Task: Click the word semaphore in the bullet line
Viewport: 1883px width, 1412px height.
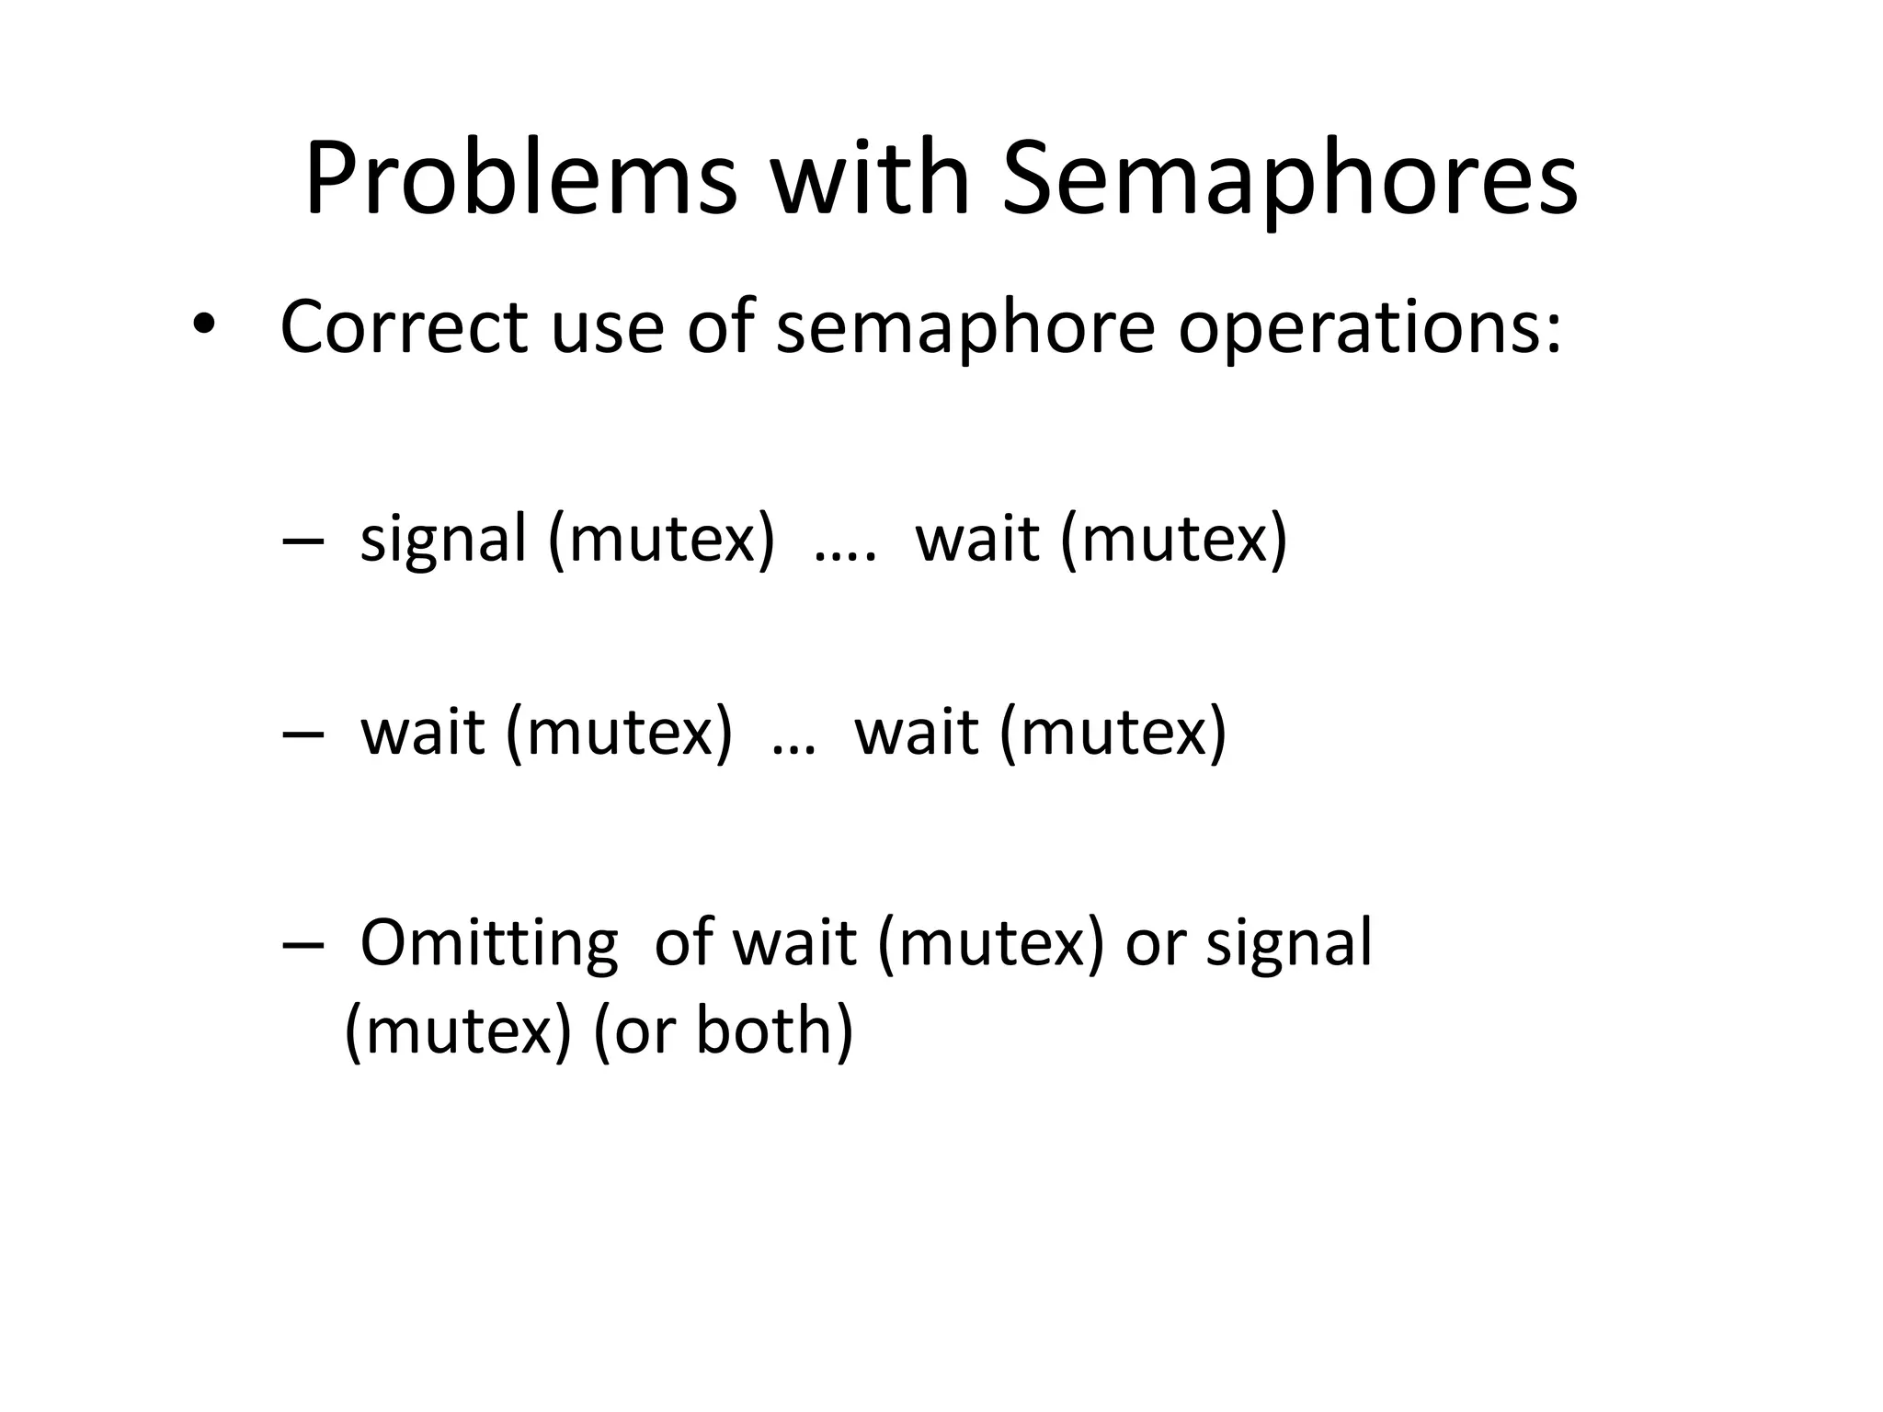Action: click(965, 329)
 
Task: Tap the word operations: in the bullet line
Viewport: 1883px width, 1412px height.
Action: click(1370, 329)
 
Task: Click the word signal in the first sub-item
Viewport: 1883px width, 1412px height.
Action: click(443, 540)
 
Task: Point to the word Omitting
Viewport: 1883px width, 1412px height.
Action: click(488, 944)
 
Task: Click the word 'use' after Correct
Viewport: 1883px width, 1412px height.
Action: click(607, 329)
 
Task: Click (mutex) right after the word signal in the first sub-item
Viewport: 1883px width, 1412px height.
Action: click(661, 540)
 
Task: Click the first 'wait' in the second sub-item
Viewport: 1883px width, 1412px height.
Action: click(422, 733)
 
